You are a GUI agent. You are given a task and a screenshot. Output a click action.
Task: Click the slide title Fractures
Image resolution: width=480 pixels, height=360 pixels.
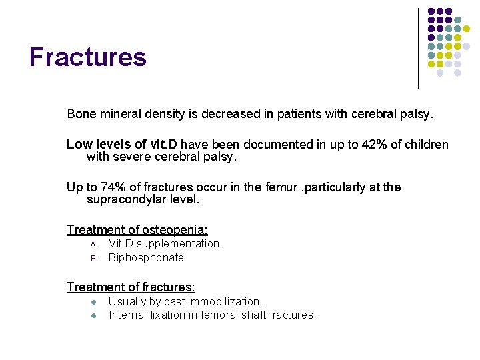click(87, 57)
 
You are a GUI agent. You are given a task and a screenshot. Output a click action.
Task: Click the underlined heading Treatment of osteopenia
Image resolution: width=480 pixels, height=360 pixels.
click(137, 230)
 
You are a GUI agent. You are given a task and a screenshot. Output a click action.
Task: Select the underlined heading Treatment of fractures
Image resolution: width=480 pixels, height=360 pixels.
click(131, 287)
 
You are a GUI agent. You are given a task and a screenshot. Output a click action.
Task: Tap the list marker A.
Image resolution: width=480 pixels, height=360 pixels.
click(94, 245)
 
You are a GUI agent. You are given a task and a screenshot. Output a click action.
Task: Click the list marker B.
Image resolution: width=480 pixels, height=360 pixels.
click(94, 258)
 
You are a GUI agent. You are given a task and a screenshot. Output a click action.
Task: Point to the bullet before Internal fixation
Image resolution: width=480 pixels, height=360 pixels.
click(94, 315)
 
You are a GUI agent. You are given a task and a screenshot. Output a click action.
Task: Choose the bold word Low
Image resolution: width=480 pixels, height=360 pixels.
click(79, 145)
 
